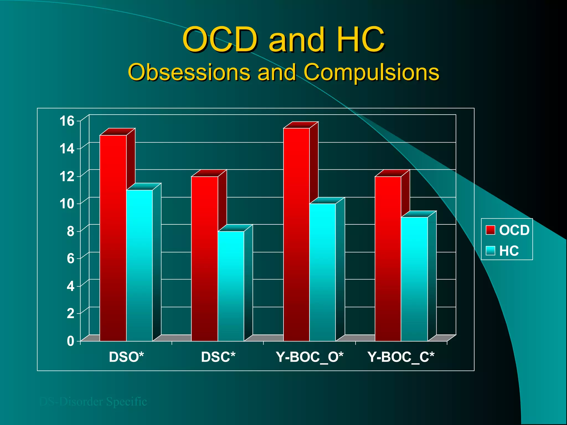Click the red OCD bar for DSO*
pos(113,238)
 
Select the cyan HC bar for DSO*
pos(139,266)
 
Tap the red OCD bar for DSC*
pos(205,259)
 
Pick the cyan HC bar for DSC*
pos(231,286)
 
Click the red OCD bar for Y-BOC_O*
pos(296,235)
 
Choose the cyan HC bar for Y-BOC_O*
pos(323,273)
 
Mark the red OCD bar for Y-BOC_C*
pos(388,259)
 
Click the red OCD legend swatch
pos(490,230)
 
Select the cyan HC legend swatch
pos(490,251)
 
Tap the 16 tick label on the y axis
pos(67,121)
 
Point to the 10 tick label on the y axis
pos(67,204)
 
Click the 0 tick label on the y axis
pos(71,341)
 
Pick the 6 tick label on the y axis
pos(71,259)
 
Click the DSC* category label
pos(218,357)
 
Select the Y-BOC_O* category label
pos(310,357)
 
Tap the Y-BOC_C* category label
pos(401,357)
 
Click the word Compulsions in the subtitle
pos(371,72)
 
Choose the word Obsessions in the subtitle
pos(189,72)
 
